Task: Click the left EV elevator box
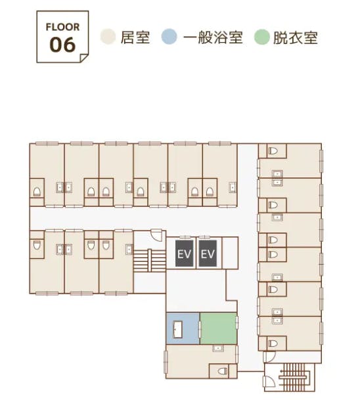tap(185, 254)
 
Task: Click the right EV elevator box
tap(208, 254)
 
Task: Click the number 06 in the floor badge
tap(62, 45)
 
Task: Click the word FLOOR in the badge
tap(62, 28)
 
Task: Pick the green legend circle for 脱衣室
tap(262, 37)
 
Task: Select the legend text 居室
tap(135, 37)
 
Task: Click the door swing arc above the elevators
tap(156, 234)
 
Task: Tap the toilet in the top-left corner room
tap(37, 192)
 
